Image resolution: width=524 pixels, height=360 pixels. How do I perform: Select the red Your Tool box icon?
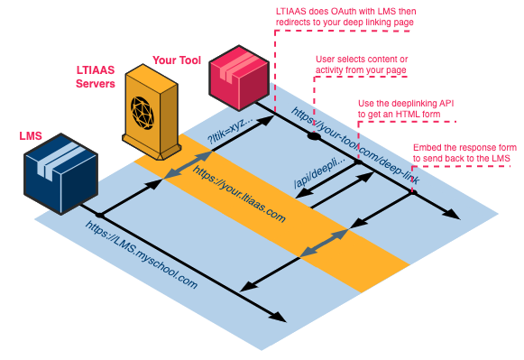[240, 78]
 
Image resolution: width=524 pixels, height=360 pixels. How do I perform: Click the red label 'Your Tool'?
[178, 60]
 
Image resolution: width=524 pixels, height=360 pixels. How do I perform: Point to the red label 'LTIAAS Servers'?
[97, 78]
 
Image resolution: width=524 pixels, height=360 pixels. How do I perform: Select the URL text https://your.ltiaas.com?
[239, 192]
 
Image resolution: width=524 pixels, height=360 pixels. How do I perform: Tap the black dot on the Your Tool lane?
[313, 137]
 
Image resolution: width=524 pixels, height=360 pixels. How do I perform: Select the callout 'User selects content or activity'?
[362, 65]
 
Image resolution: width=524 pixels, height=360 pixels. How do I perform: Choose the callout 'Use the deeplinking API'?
[406, 108]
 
